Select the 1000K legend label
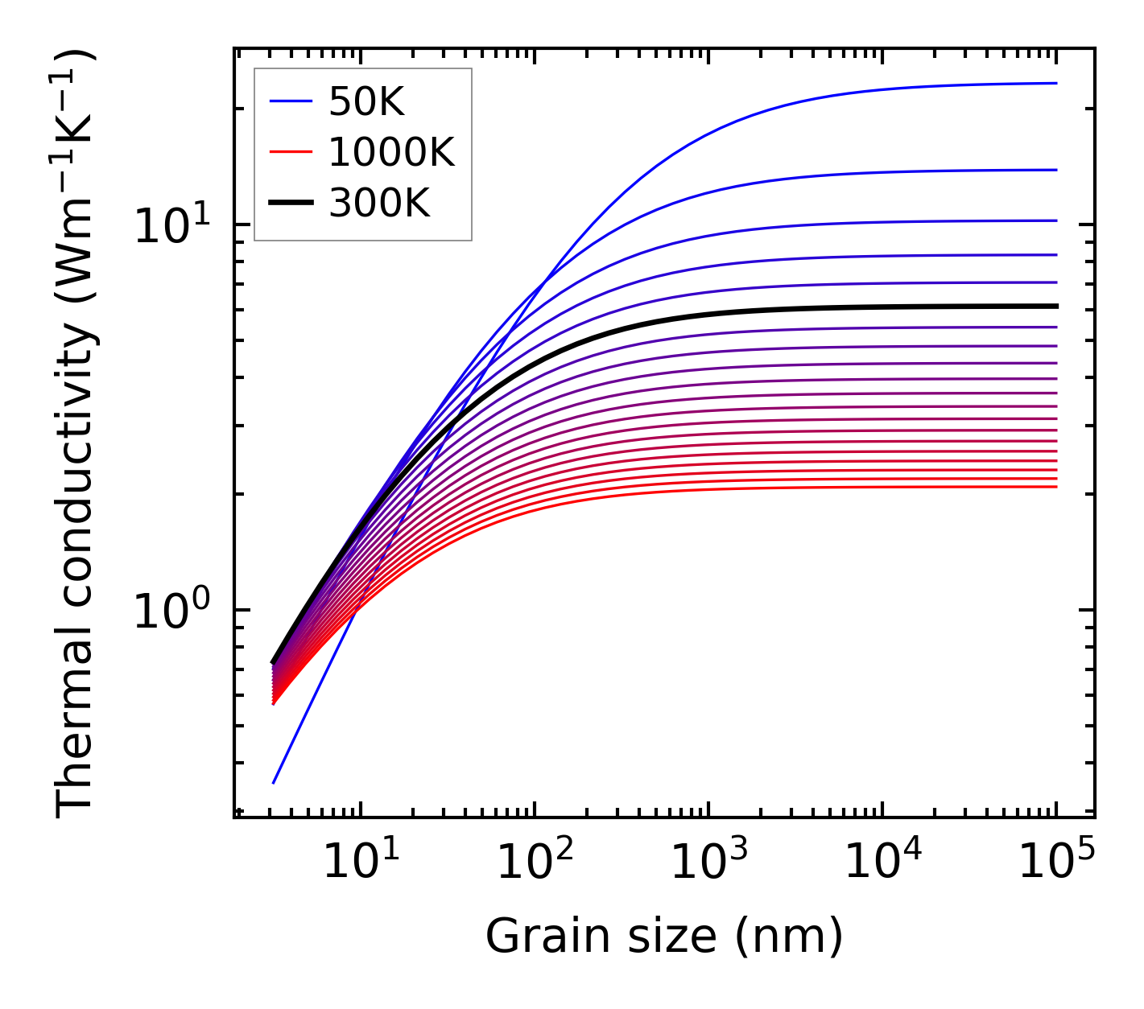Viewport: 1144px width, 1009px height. [391, 152]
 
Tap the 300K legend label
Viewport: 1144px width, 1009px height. [379, 204]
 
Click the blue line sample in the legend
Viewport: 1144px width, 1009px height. [290, 101]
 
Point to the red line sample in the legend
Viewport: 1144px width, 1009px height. [290, 152]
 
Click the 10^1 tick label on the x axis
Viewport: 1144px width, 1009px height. [360, 863]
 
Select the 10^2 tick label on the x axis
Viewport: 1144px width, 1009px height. [534, 863]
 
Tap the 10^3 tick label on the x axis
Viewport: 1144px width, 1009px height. [708, 863]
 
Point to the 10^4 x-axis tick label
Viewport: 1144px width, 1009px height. [882, 863]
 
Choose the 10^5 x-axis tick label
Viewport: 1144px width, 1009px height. [1055, 863]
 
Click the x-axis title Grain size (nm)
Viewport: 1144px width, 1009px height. [664, 936]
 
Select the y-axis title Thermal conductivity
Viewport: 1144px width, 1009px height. [76, 433]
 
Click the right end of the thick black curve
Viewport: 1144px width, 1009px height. [1056, 306]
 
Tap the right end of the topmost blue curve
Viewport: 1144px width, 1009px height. [1056, 83]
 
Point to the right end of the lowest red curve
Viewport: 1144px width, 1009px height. [1056, 487]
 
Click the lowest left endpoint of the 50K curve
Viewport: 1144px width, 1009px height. [274, 783]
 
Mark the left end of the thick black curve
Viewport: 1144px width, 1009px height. [273, 662]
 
